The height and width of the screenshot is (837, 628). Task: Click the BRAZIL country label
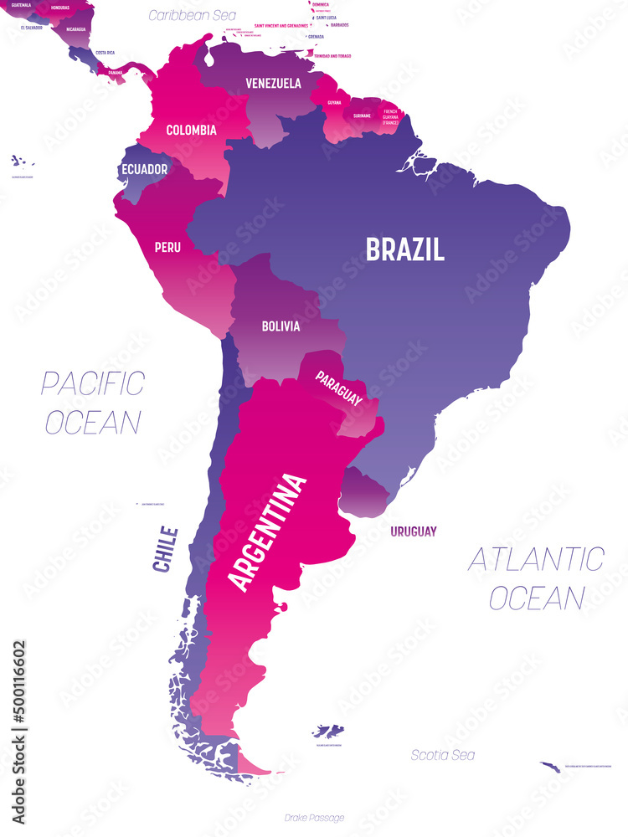(404, 249)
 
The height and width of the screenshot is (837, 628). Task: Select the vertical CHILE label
(166, 549)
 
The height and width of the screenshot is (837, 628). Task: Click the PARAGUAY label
(338, 389)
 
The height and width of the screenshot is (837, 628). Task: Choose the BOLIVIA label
(280, 326)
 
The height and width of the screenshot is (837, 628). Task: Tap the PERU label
(167, 247)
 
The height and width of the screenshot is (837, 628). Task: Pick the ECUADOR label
(144, 169)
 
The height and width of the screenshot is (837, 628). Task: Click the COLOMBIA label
(191, 130)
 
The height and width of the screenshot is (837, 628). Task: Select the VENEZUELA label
(273, 84)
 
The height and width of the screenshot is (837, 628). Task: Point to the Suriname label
(361, 116)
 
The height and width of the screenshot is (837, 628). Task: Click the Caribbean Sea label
(192, 15)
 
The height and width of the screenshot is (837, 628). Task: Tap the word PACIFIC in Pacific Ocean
(93, 384)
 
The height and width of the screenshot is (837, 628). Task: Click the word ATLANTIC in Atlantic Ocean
(535, 559)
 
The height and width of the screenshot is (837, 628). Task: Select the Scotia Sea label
(442, 755)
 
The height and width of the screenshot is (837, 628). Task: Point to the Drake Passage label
(314, 818)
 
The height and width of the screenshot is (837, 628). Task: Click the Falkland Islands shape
(328, 731)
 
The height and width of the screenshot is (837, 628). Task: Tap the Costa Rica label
(106, 52)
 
